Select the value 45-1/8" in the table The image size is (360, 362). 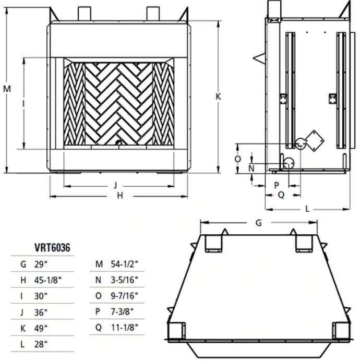pyautogui.click(x=47, y=280)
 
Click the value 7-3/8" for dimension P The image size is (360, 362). pyautogui.click(x=123, y=311)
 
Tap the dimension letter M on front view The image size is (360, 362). pyautogui.click(x=6, y=89)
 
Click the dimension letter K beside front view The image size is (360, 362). pyautogui.click(x=219, y=96)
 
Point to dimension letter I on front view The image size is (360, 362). pyautogui.click(x=23, y=104)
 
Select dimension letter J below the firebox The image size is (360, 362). pyautogui.click(x=115, y=185)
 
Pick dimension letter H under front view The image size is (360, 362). pyautogui.click(x=119, y=196)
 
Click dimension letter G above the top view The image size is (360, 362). pyautogui.click(x=258, y=223)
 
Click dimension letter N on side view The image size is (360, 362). pyautogui.click(x=251, y=168)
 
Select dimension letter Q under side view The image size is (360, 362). pyautogui.click(x=280, y=195)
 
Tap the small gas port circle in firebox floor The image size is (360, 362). pyautogui.click(x=119, y=143)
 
